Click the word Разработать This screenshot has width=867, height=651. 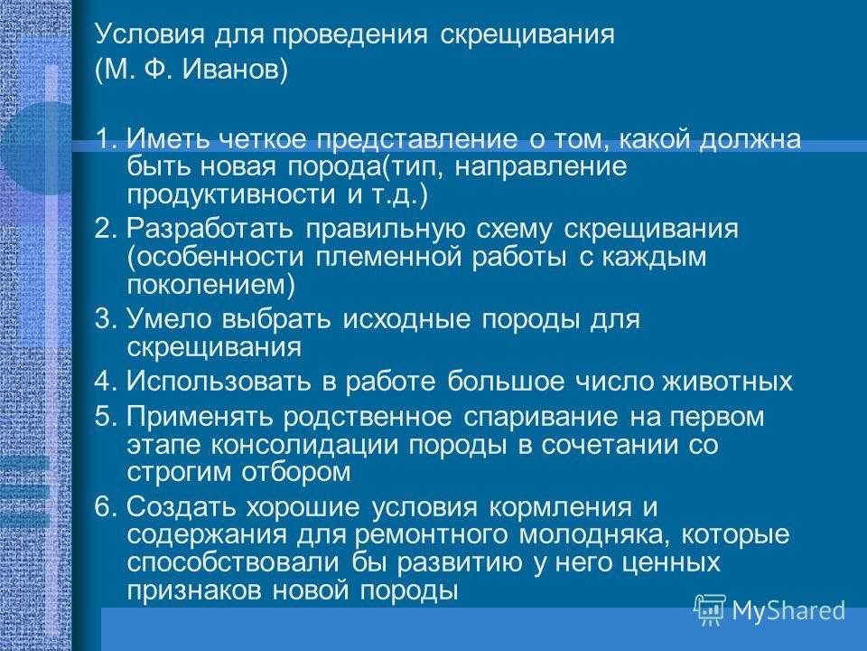tap(210, 229)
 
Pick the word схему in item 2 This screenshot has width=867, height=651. tap(514, 230)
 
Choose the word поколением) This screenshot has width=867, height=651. tap(210, 285)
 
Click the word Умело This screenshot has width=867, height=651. tap(169, 319)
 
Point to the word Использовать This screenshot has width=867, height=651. tap(219, 382)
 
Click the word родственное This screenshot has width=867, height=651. tap(368, 417)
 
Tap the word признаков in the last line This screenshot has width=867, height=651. tap(195, 590)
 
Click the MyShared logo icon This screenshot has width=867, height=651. tap(710, 610)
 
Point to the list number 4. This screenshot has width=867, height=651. tap(103, 382)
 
